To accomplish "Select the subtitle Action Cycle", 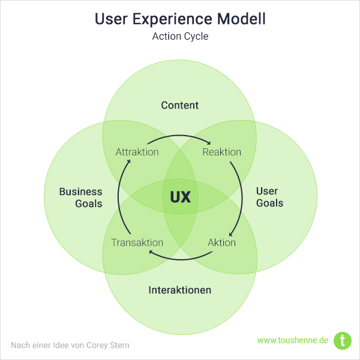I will pyautogui.click(x=180, y=36).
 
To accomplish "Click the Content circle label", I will pyautogui.click(x=180, y=106).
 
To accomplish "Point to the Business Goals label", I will pyautogui.click(x=80, y=197).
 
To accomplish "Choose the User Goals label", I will pyautogui.click(x=269, y=197).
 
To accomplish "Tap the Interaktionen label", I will pyautogui.click(x=180, y=290).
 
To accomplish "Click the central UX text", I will pyautogui.click(x=180, y=197).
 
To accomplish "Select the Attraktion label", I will pyautogui.click(x=137, y=152).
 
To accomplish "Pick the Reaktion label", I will pyautogui.click(x=221, y=152).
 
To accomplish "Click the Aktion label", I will pyautogui.click(x=221, y=243).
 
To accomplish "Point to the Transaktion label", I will pyautogui.click(x=137, y=243).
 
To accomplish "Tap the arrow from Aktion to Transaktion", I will pyautogui.click(x=180, y=259).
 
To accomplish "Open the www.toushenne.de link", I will pyautogui.click(x=293, y=340).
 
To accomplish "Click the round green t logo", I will pyautogui.click(x=343, y=340).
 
